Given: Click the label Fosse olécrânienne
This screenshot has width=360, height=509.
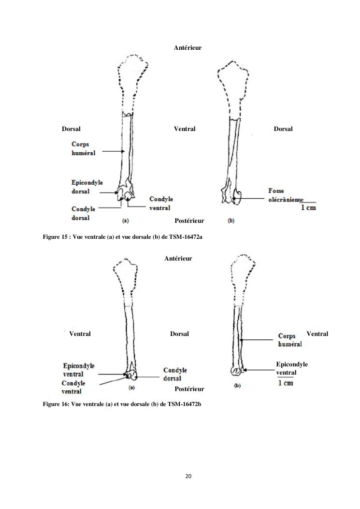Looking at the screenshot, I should [285, 195].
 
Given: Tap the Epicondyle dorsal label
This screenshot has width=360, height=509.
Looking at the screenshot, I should [83, 187].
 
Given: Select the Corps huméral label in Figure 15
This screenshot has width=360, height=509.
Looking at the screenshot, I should [84, 148].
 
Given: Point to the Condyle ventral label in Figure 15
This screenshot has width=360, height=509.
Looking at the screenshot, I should [161, 203].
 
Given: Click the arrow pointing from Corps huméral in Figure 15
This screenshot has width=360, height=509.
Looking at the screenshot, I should [113, 151].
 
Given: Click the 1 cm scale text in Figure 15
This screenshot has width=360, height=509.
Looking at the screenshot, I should [308, 208].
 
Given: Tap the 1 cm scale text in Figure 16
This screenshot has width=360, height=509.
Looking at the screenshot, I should [286, 383].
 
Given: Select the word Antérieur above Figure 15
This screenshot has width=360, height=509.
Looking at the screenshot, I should [187, 48].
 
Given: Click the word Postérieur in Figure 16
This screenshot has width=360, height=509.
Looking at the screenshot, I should [189, 389].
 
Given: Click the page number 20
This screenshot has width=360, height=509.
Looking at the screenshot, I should [188, 476].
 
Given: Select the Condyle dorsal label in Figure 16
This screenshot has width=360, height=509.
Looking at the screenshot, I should [175, 374].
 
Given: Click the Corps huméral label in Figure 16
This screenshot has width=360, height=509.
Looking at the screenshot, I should [290, 340].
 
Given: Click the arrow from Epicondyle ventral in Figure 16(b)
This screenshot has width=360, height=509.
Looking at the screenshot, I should [259, 370].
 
